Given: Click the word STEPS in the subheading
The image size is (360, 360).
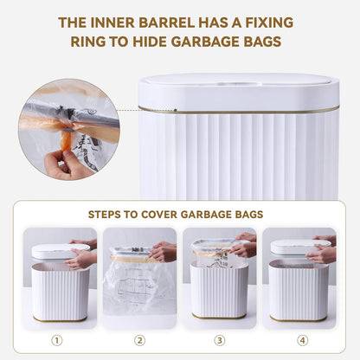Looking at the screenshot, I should coord(108,213).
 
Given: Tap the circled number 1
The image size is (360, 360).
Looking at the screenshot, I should coord(56,340).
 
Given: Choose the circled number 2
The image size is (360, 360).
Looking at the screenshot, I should coord(139,340).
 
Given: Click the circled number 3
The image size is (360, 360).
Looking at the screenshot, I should coord(219,340).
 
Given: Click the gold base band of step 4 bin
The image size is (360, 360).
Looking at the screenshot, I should coord(299,318).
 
